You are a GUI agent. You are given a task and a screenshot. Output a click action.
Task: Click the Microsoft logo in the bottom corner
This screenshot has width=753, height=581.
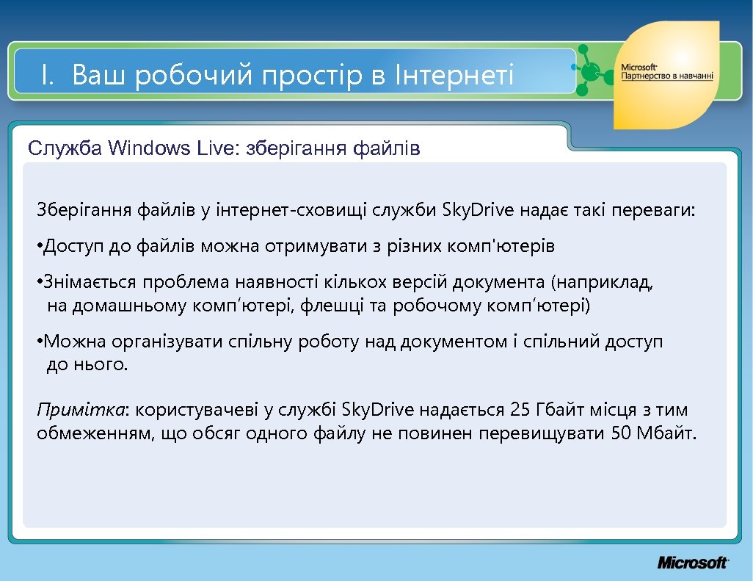692,563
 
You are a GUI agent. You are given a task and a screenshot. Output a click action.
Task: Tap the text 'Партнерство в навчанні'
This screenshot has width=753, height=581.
666,76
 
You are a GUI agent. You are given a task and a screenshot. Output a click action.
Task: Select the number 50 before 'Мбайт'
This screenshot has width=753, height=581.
621,433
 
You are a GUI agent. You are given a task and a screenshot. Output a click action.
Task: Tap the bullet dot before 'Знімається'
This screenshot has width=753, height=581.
39,283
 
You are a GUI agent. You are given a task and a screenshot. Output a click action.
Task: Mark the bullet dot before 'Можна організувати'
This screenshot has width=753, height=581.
39,342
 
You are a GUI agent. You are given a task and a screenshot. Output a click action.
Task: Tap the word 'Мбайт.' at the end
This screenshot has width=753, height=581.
669,433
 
